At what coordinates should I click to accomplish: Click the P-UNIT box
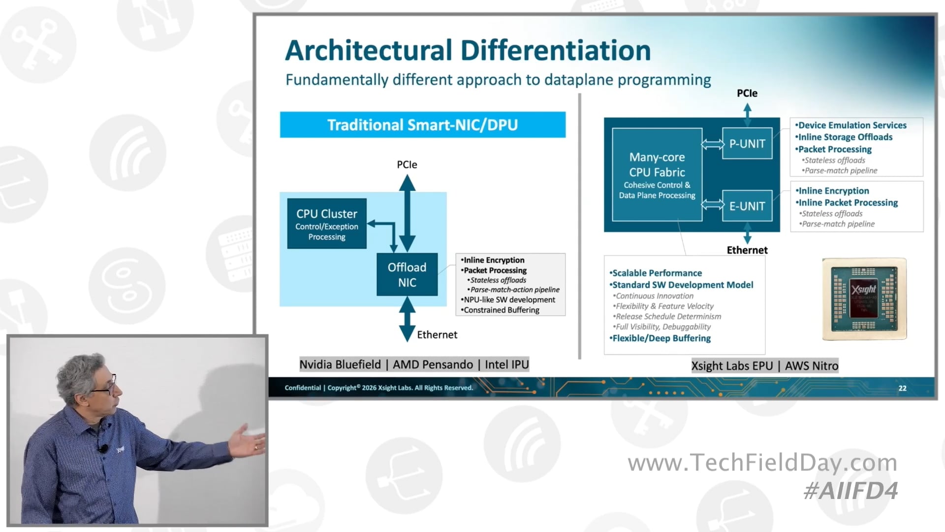pyautogui.click(x=747, y=143)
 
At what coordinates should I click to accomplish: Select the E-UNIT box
pyautogui.click(x=747, y=206)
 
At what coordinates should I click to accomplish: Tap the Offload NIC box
pyautogui.click(x=407, y=274)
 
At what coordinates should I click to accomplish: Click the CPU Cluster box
pyautogui.click(x=326, y=224)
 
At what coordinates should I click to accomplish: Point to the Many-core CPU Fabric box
pyautogui.click(x=657, y=174)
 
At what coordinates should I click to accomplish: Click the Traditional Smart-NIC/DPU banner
pyautogui.click(x=422, y=125)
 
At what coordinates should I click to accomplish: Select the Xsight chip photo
pyautogui.click(x=864, y=299)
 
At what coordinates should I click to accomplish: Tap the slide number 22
pyautogui.click(x=902, y=388)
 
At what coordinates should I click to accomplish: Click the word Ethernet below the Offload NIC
pyautogui.click(x=437, y=334)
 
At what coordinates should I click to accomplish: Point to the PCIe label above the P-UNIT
pyautogui.click(x=747, y=93)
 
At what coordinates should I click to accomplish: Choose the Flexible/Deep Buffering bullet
pyautogui.click(x=661, y=338)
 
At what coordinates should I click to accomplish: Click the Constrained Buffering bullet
pyautogui.click(x=501, y=310)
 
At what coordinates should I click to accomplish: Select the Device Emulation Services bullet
pyautogui.click(x=851, y=125)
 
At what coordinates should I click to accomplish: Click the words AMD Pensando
pyautogui.click(x=433, y=365)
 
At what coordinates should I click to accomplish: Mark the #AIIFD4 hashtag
pyautogui.click(x=850, y=491)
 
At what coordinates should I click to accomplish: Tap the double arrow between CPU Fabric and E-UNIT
pyautogui.click(x=712, y=204)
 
